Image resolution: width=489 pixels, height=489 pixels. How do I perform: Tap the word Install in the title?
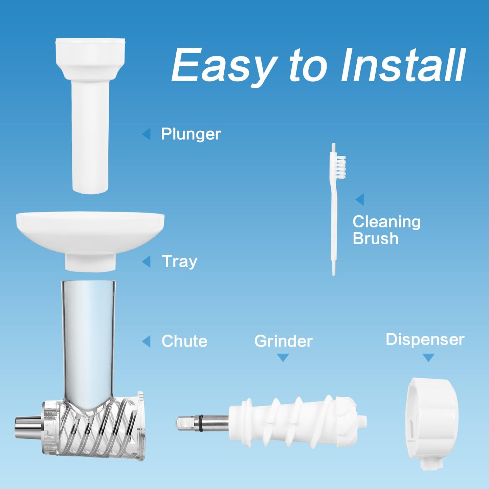(403, 65)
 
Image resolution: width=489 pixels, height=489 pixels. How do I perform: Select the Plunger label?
(191, 134)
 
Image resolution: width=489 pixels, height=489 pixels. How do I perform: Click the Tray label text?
(179, 262)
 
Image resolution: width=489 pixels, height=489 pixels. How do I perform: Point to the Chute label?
(184, 341)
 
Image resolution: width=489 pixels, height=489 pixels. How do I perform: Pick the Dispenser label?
(425, 339)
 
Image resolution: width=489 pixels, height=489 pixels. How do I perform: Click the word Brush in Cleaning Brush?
(375, 238)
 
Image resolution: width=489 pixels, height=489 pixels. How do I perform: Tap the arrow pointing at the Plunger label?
(146, 134)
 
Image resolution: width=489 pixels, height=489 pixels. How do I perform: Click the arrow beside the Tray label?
(146, 261)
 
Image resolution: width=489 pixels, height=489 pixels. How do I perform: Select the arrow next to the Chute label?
(146, 341)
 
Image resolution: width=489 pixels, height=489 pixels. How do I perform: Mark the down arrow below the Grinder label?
(283, 358)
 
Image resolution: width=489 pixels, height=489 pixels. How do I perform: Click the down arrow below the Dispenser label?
(429, 358)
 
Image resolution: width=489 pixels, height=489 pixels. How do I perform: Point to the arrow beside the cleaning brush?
(360, 199)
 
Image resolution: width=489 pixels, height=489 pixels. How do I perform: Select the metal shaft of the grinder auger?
(203, 423)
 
